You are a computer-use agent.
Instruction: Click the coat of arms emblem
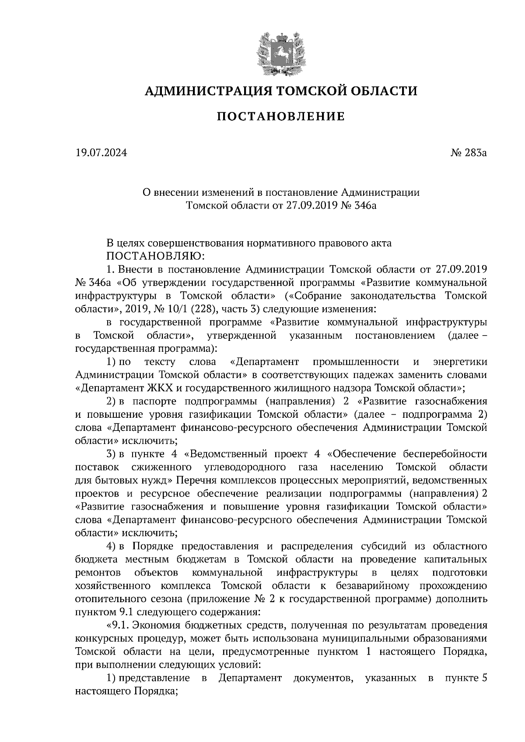coord(280,53)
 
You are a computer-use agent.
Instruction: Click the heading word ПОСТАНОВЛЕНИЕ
coord(281,117)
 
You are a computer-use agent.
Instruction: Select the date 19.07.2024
coord(101,153)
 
